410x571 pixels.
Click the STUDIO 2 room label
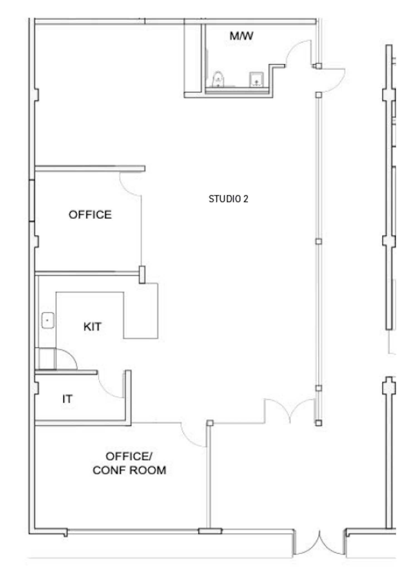[x=228, y=199]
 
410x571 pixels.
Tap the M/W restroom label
[x=241, y=36]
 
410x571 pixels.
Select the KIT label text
[x=92, y=326]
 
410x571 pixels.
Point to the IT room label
[x=67, y=399]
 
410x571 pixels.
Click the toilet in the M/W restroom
[x=218, y=79]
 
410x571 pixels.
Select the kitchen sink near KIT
[x=48, y=320]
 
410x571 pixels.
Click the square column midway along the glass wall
[x=319, y=241]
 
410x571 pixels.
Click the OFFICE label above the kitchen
[x=90, y=215]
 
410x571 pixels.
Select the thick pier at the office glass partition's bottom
[x=142, y=275]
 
